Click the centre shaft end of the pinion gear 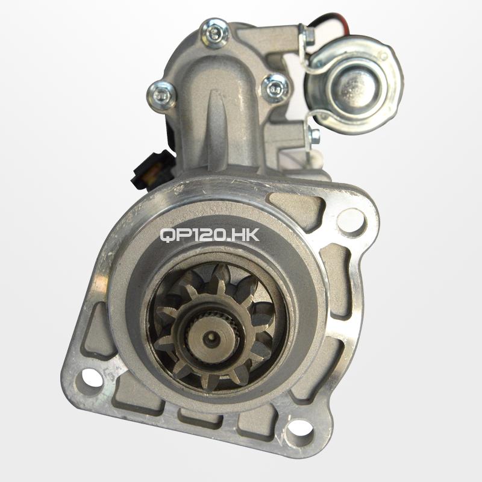pyautogui.click(x=212, y=337)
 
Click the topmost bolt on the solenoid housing pyautogui.click(x=214, y=33)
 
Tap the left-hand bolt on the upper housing pyautogui.click(x=161, y=95)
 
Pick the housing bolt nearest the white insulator pyautogui.click(x=275, y=88)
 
